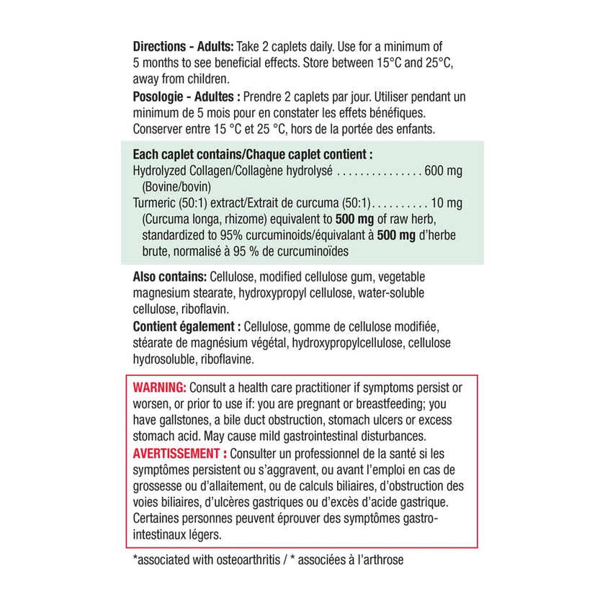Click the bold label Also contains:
(170, 277)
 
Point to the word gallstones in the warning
(187, 420)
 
